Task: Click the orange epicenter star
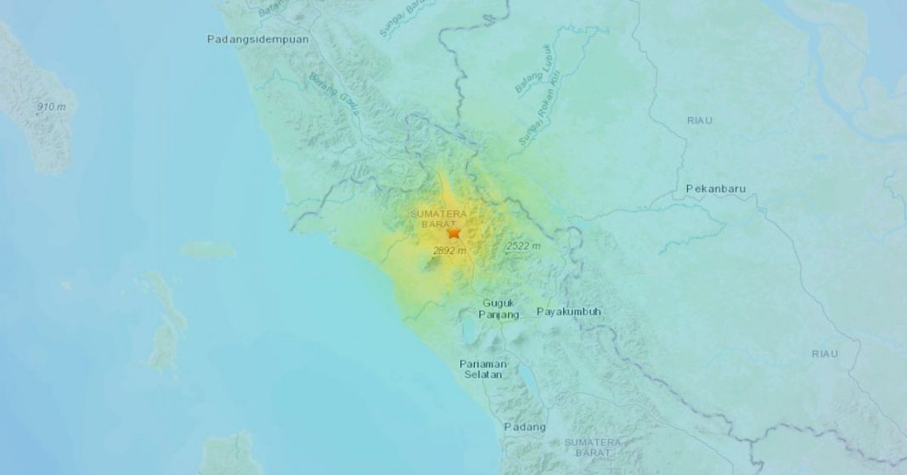(453, 232)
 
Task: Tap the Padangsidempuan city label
(258, 39)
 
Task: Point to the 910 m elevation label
(57, 107)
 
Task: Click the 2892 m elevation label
(450, 251)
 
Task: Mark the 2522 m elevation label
(522, 246)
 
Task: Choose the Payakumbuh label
(569, 312)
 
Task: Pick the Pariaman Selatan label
(482, 369)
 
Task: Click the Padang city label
(525, 427)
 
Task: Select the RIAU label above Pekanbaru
(700, 121)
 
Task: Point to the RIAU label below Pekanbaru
(824, 353)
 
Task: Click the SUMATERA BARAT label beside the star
(439, 218)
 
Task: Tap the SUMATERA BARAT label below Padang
(594, 448)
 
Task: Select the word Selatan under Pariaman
(482, 375)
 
